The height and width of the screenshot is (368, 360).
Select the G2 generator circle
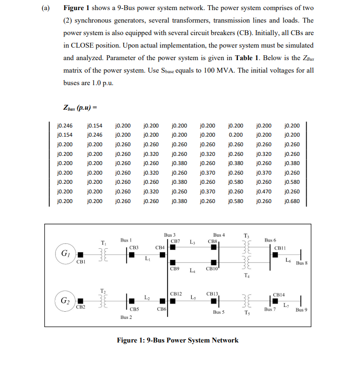click(x=64, y=301)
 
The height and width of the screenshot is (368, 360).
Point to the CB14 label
click(x=279, y=293)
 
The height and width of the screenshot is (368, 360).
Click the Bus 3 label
click(x=170, y=234)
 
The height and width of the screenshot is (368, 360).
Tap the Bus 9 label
click(x=302, y=310)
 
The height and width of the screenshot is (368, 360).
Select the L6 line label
click(x=288, y=260)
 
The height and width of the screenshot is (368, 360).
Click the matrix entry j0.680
click(x=292, y=201)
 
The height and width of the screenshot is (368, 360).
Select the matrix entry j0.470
click(x=264, y=191)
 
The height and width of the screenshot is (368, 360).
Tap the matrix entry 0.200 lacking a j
click(x=235, y=135)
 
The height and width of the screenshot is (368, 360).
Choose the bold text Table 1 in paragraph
click(x=247, y=57)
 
